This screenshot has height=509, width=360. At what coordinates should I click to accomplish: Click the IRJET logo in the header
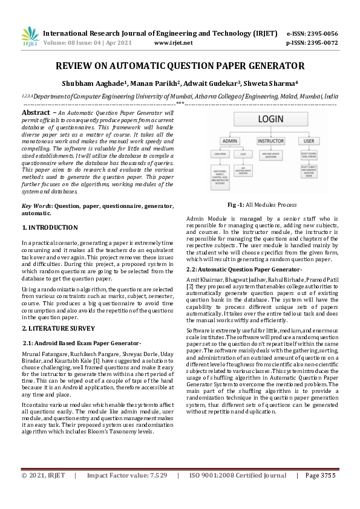pyautogui.click(x=30, y=37)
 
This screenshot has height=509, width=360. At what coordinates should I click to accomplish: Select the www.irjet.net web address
pyautogui.click(x=174, y=43)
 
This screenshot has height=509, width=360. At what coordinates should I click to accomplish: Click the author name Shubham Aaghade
pyautogui.click(x=94, y=83)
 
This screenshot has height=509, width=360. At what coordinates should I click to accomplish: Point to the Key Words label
pyautogui.click(x=38, y=206)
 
